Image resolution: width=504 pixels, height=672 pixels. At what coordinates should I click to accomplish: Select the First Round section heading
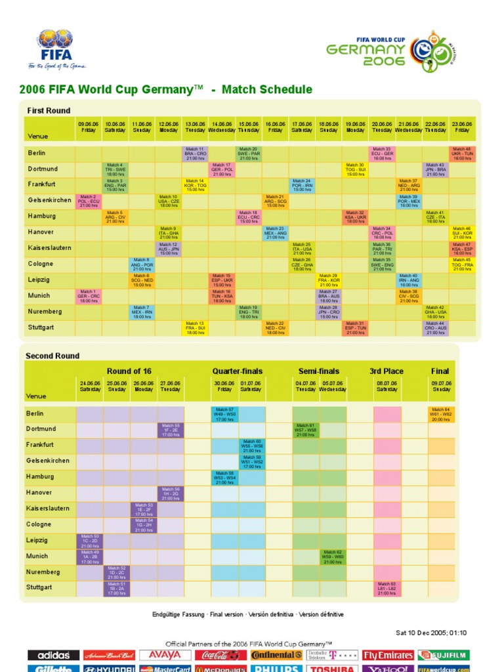[x=48, y=110]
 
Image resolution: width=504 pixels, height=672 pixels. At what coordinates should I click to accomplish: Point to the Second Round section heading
[x=52, y=356]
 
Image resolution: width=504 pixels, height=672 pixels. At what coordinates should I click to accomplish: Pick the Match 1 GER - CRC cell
[x=89, y=295]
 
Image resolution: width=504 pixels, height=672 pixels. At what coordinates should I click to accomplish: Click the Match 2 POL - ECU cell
[x=89, y=200]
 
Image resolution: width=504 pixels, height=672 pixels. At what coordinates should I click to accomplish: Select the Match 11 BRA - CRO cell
[x=196, y=153]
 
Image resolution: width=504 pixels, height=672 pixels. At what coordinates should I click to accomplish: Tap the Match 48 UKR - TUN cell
[x=462, y=153]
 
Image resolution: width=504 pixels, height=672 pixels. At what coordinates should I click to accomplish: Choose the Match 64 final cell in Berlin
[x=441, y=413]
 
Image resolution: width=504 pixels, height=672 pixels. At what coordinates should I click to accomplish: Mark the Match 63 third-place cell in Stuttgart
[x=387, y=587]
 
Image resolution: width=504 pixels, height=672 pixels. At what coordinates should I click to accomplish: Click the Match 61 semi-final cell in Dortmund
[x=305, y=429]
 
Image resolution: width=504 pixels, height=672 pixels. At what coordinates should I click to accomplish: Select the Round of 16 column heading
[x=129, y=371]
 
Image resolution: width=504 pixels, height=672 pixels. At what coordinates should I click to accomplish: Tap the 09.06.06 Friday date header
[x=89, y=127]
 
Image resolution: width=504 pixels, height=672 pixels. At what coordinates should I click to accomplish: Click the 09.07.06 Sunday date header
[x=441, y=387]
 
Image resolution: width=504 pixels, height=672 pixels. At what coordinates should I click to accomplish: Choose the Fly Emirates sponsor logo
[x=388, y=655]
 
